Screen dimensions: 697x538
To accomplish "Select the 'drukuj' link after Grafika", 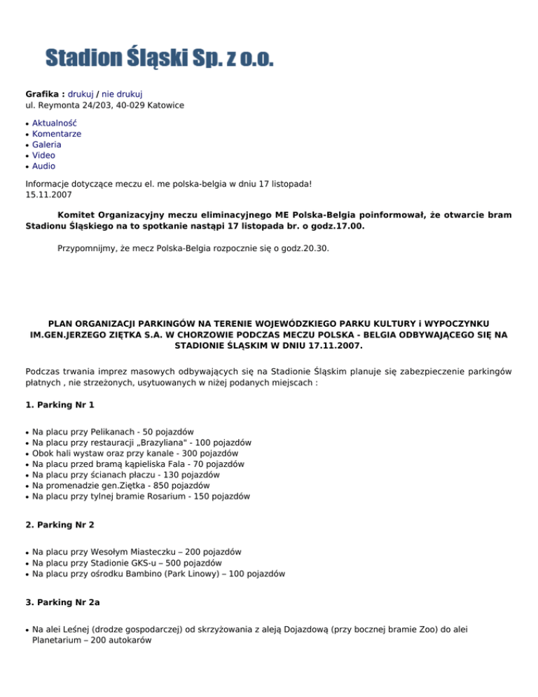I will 81,94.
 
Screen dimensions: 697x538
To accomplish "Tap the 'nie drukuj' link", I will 122,94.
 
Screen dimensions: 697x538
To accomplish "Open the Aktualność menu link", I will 55,123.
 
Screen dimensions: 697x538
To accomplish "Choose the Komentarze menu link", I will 57,133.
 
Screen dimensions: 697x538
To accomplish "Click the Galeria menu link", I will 47,144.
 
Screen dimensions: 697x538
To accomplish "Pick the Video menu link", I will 44,156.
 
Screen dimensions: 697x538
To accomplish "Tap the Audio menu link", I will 44,166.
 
